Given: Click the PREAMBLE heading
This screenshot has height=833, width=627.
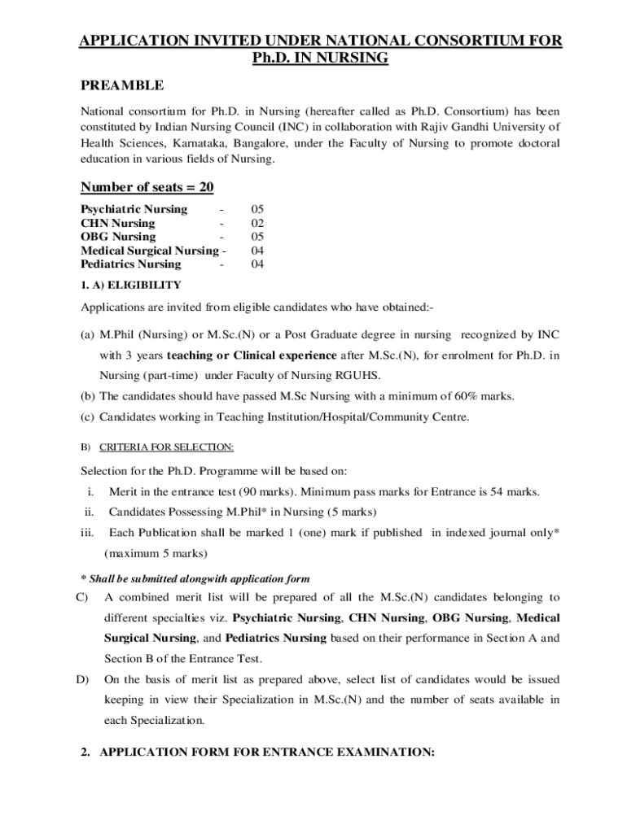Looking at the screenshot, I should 122,85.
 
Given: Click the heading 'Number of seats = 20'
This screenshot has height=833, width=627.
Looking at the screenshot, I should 147,188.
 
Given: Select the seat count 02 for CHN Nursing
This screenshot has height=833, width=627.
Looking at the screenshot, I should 257,223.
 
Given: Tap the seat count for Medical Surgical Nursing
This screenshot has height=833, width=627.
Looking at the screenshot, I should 257,251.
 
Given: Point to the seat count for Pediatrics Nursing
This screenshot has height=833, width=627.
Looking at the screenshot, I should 257,264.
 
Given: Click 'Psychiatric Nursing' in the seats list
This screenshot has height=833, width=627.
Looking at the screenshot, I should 134,209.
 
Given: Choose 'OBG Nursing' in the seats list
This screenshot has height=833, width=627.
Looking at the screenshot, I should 118,237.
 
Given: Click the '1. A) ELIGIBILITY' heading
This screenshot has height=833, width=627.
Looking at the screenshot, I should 130,285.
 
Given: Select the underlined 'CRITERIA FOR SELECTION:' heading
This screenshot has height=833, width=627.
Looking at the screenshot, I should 166,447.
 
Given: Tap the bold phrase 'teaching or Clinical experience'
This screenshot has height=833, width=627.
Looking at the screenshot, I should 252,355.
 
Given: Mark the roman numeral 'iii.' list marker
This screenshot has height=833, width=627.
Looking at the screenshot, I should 87,533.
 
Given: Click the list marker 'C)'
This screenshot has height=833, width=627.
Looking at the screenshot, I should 81,597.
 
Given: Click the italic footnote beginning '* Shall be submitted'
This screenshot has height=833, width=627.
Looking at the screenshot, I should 195,578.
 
